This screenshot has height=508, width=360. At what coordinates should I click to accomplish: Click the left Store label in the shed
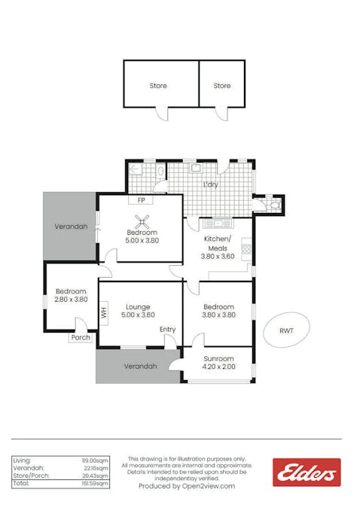coord(158,86)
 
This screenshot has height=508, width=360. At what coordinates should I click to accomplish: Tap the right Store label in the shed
coord(221,86)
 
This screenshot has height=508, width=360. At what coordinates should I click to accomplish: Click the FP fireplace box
coord(141,200)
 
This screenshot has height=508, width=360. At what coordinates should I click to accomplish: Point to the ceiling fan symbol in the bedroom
coord(141,221)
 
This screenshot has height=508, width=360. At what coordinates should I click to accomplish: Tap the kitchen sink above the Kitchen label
coord(219,223)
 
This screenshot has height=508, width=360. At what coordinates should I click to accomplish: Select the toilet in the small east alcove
coord(273,202)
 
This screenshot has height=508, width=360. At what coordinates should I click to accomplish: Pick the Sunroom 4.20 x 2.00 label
coord(218,364)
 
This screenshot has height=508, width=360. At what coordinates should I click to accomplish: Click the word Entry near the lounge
coord(167,330)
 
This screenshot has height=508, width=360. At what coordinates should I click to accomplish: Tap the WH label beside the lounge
coord(103,311)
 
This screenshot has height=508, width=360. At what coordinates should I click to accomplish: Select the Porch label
coord(80,338)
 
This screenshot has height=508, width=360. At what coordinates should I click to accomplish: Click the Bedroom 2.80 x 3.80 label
coord(71,295)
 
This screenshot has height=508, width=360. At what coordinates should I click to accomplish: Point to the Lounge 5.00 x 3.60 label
coord(138,311)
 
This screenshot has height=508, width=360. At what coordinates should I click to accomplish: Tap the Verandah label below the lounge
coord(138,367)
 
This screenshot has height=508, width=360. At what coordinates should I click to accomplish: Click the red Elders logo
coord(307,473)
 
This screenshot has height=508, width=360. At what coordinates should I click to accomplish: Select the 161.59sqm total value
coord(95,484)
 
